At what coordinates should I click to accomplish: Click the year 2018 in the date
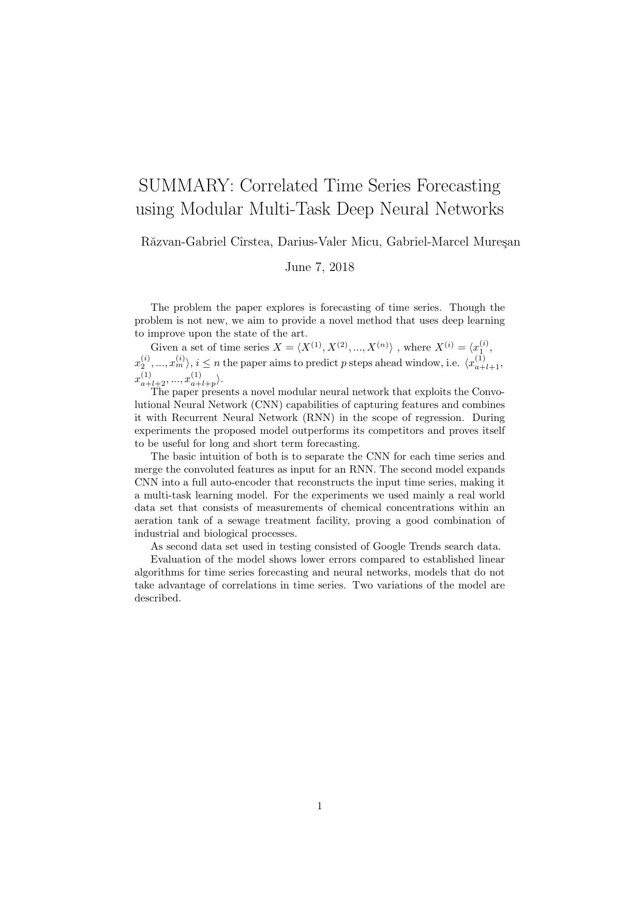point(341,267)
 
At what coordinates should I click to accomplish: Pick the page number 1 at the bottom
point(320,806)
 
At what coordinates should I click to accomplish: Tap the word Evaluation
point(174,560)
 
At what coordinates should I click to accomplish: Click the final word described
point(157,598)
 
